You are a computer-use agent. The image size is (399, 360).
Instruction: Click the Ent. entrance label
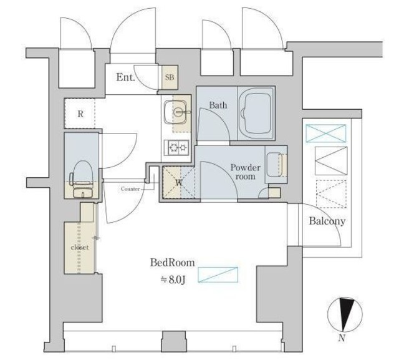(x=125, y=77)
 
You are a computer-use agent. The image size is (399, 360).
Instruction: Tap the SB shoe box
(x=170, y=77)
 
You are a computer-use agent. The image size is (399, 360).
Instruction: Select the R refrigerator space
(x=80, y=114)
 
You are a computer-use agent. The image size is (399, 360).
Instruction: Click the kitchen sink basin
(x=175, y=112)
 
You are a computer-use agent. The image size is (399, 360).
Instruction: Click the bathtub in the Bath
(x=256, y=113)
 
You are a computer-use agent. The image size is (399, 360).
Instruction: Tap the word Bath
(x=218, y=105)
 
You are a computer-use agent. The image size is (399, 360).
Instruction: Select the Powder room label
(x=245, y=172)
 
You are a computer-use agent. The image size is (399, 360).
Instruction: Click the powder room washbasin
(x=274, y=164)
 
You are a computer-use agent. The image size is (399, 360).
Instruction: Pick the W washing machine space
(x=179, y=182)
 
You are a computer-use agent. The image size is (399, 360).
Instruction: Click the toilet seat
(x=82, y=172)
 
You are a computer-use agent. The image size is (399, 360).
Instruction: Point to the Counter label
(x=130, y=189)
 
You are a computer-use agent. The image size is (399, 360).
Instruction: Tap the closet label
(x=80, y=247)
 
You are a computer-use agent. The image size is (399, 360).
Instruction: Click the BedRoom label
(x=172, y=263)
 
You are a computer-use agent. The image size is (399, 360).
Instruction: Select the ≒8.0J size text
(x=173, y=280)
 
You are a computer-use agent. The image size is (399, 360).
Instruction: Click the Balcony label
(x=327, y=221)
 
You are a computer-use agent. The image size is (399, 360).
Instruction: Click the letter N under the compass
(x=342, y=338)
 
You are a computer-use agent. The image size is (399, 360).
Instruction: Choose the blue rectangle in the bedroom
(x=218, y=275)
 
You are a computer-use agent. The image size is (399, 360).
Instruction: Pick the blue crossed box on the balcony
(x=325, y=133)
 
